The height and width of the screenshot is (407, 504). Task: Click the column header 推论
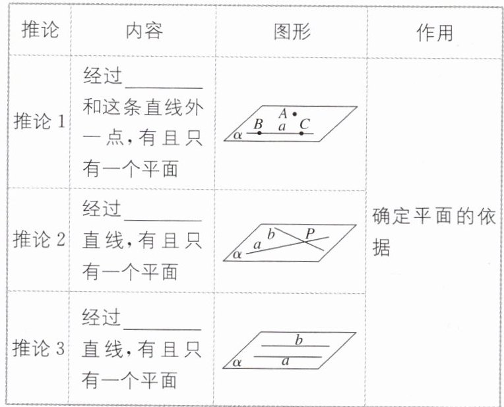coord(39,31)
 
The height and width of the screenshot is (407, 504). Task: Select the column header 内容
coord(143,31)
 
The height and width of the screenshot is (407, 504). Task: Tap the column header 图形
coord(292,31)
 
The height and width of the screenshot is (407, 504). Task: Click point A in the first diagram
coord(294,114)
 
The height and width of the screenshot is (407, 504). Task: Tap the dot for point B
coord(259,133)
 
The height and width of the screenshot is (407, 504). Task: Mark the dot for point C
coord(301,133)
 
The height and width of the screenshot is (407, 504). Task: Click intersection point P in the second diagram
coord(305,240)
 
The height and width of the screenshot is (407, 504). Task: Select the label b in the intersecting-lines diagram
coord(270,232)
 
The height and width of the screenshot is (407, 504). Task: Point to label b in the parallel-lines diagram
coord(298,340)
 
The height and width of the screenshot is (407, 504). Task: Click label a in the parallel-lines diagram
coord(285,361)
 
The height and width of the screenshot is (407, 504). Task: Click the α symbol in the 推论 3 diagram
coord(237,362)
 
